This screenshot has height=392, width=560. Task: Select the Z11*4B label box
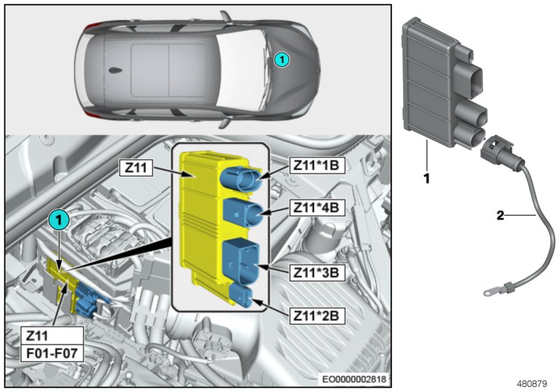[314, 209]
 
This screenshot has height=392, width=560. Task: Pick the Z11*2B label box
[314, 316]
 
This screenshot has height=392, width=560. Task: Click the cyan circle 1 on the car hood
[280, 60]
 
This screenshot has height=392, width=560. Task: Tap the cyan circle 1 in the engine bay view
[60, 220]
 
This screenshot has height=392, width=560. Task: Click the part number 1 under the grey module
[426, 178]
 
